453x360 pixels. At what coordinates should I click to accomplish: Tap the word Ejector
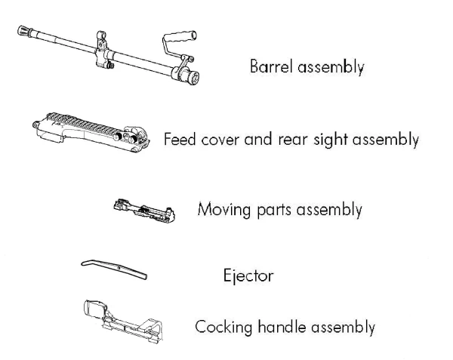[x=248, y=276]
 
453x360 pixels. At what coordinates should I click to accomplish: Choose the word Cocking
[x=223, y=328]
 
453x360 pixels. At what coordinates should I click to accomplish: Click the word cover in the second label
[x=220, y=140]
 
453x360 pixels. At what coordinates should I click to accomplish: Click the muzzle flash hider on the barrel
[x=25, y=30]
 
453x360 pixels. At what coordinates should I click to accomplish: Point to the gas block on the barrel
[x=102, y=52]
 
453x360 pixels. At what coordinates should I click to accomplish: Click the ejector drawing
[x=115, y=269]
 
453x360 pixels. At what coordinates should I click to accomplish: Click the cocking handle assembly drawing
[x=123, y=322]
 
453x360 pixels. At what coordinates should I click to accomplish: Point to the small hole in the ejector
[x=119, y=268]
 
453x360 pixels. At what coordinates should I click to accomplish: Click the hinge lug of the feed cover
[x=35, y=125]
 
